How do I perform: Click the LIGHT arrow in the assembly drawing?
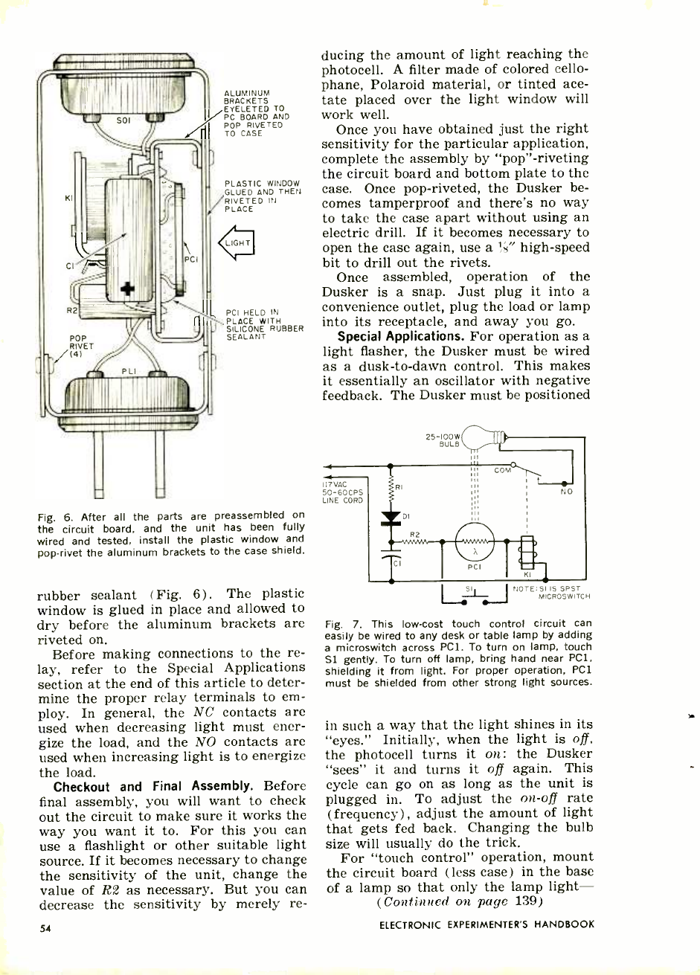click(x=236, y=243)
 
